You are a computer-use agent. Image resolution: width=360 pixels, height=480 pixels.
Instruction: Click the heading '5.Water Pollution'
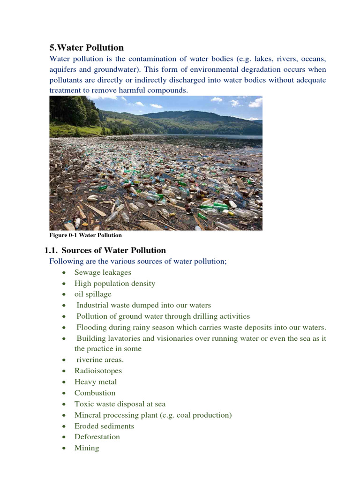pyautogui.click(x=87, y=48)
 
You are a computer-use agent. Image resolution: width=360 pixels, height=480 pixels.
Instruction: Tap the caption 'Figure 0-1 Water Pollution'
pyautogui.click(x=86, y=235)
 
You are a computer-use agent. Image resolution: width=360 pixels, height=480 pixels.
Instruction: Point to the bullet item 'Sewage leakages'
pyautogui.click(x=103, y=272)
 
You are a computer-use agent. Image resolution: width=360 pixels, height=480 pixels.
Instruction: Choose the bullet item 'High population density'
pyautogui.click(x=114, y=284)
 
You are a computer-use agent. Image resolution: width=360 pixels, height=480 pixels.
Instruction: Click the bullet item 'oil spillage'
pyautogui.click(x=93, y=294)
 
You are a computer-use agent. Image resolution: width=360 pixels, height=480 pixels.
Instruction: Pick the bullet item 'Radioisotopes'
pyautogui.click(x=98, y=371)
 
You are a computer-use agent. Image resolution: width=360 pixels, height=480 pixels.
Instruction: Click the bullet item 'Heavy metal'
pyautogui.click(x=95, y=382)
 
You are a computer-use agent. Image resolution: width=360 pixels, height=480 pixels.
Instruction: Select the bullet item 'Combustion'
pyautogui.click(x=95, y=393)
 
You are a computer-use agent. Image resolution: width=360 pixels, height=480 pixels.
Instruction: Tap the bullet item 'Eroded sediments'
pyautogui.click(x=104, y=426)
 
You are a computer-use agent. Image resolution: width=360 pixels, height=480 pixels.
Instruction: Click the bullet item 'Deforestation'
pyautogui.click(x=97, y=437)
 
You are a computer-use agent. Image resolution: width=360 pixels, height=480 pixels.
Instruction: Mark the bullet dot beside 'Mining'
pyautogui.click(x=63, y=449)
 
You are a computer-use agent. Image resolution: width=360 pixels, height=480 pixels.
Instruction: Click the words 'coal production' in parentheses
pyautogui.click(x=204, y=415)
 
